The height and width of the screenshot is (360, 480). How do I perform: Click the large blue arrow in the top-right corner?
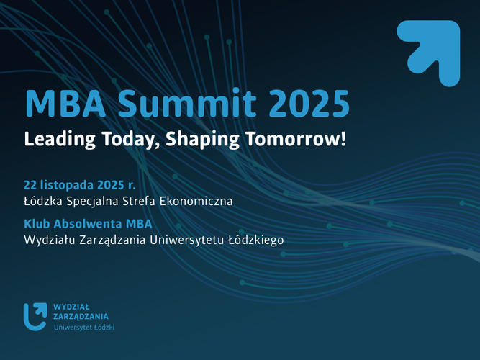429,53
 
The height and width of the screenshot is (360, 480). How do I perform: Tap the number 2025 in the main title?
309,104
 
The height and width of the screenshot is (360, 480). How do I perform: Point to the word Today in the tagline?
126,139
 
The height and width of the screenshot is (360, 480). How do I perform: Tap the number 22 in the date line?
31,183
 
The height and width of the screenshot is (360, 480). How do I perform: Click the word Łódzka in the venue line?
45,201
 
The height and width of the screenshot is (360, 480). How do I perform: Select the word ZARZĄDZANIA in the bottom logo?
81,316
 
